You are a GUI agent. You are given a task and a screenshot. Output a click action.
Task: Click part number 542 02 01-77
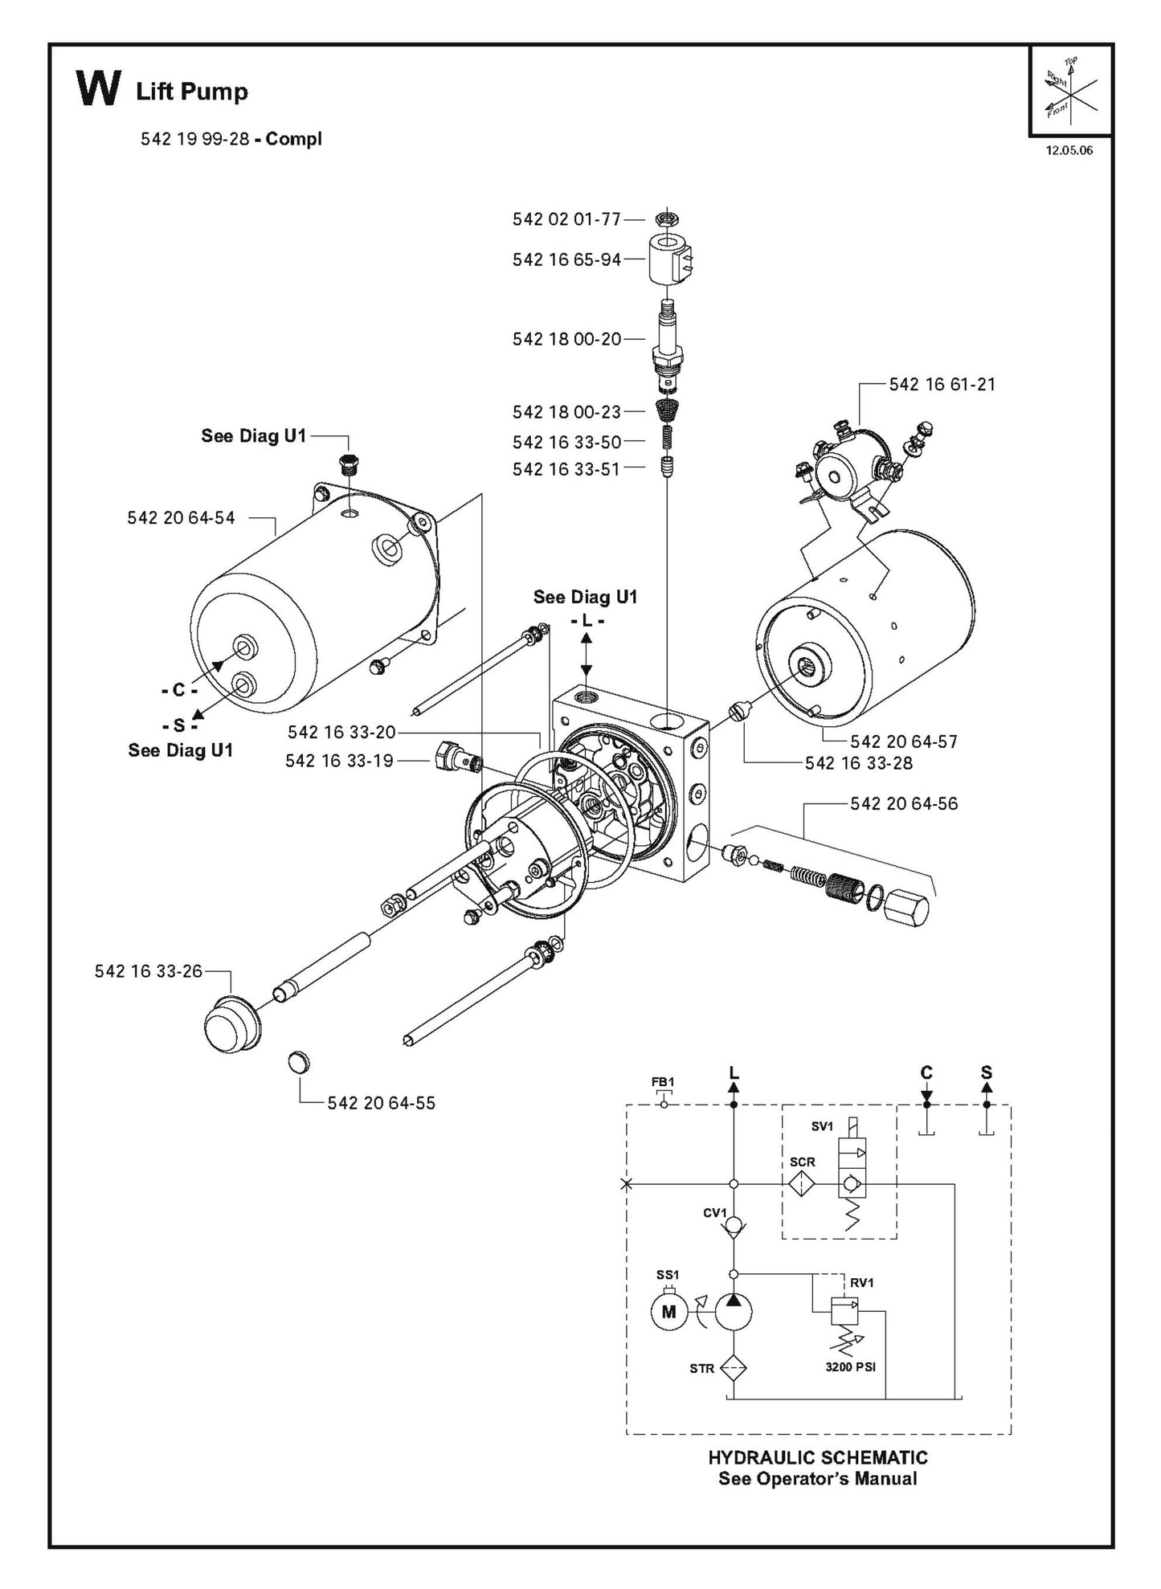point(566,219)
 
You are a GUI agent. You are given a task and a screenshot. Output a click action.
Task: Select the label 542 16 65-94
point(566,259)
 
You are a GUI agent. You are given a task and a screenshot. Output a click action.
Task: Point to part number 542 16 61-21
point(942,384)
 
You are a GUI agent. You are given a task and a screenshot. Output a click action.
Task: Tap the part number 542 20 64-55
point(381,1103)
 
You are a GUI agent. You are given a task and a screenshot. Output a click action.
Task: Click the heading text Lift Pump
point(192,92)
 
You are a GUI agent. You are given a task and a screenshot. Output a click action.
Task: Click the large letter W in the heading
point(98,88)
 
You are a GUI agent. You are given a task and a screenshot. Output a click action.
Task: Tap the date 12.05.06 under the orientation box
point(1069,150)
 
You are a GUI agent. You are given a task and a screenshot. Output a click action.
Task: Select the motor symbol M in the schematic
point(668,1313)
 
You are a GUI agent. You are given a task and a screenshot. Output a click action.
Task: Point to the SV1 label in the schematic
point(822,1127)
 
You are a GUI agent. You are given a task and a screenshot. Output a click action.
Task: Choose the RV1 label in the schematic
point(861,1283)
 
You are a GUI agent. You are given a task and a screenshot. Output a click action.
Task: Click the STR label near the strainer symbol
point(701,1368)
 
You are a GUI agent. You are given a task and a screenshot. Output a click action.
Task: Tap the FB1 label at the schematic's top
point(663,1082)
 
